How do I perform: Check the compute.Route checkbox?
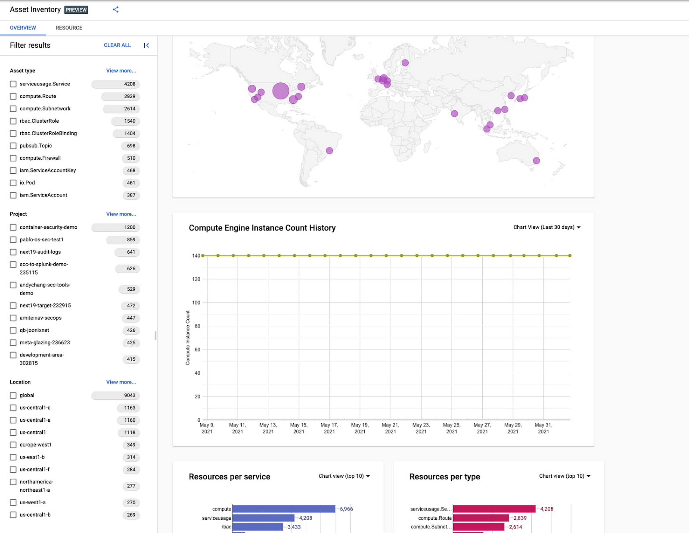(x=13, y=97)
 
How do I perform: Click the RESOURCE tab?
(x=69, y=28)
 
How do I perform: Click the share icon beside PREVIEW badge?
(x=115, y=9)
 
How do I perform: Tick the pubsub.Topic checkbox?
(x=13, y=146)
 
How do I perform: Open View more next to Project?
(x=121, y=214)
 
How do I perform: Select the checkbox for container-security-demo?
(x=13, y=228)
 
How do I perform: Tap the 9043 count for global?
(x=129, y=396)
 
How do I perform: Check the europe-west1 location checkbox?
(x=13, y=445)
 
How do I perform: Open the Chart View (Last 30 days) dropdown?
(x=547, y=228)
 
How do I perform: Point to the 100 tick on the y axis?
(x=196, y=303)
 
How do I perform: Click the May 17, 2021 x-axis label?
(x=329, y=428)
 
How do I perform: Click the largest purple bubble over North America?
(x=281, y=91)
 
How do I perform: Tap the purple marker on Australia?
(x=536, y=161)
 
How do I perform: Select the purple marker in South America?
(x=329, y=151)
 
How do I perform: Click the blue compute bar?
(x=283, y=509)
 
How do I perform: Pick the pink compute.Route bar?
(x=481, y=518)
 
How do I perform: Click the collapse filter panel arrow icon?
(x=146, y=45)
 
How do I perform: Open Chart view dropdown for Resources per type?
(x=565, y=476)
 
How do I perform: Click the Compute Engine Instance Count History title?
(x=262, y=228)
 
